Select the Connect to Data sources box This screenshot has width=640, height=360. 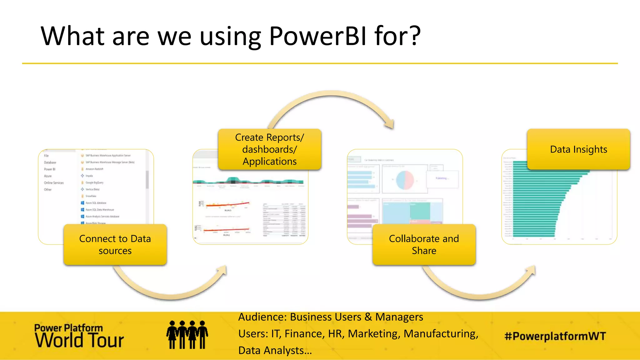[x=115, y=245]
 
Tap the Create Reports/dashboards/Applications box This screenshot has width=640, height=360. [x=269, y=149]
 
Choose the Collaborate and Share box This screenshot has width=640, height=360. [x=424, y=245]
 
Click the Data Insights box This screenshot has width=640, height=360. [x=578, y=149]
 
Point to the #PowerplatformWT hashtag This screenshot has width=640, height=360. [x=555, y=336]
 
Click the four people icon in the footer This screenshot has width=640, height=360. [x=187, y=335]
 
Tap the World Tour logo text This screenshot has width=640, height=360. [x=79, y=340]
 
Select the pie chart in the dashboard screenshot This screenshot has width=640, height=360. [x=405, y=180]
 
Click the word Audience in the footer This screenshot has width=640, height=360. [x=262, y=317]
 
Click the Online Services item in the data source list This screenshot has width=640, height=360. [x=54, y=183]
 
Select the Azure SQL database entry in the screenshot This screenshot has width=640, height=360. [x=96, y=203]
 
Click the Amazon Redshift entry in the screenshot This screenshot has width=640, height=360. [x=94, y=169]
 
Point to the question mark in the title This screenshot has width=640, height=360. [x=415, y=36]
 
